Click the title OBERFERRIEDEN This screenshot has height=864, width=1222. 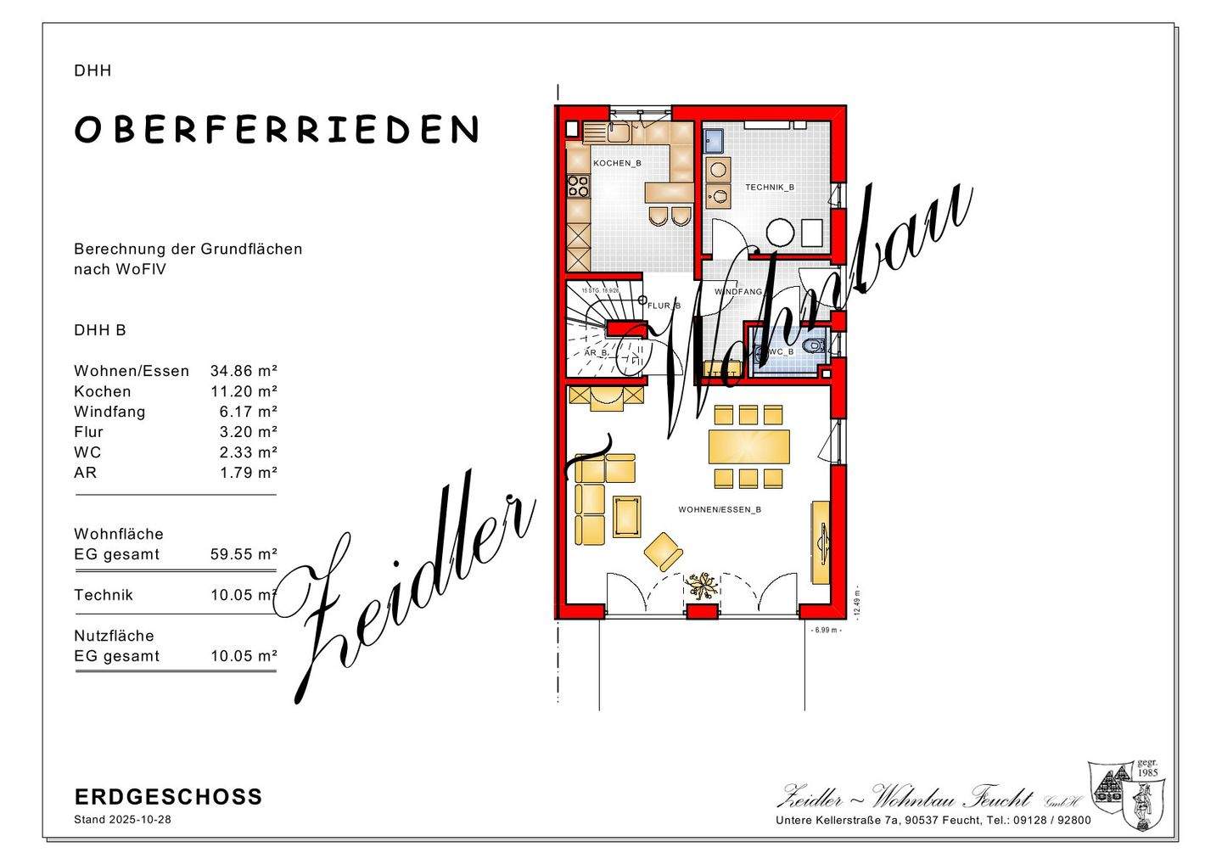pos(277,129)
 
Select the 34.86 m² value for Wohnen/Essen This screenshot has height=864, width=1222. pos(244,371)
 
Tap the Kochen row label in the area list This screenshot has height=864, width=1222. pos(103,391)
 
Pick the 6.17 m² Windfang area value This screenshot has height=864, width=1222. pos(248,412)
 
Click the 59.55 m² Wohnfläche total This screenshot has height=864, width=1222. pos(244,554)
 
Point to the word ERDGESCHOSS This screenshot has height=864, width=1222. pos(168,797)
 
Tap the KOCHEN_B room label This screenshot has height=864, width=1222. pos(617,163)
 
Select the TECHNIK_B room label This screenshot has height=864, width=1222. pos(769,187)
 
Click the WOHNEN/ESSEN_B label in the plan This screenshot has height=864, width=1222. pos(719,509)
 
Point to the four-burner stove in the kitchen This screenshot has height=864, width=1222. pos(578,185)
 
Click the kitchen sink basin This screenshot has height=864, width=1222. pos(615,132)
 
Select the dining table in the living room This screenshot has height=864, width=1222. pos(748,446)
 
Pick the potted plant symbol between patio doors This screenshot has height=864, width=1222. pos(703,585)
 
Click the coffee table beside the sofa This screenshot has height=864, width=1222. pos(626,516)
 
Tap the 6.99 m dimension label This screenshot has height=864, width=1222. pos(826,630)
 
